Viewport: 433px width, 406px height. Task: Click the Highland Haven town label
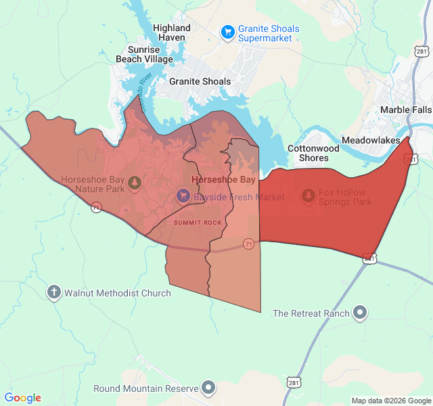point(172,33)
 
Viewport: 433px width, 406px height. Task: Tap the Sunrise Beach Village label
point(144,54)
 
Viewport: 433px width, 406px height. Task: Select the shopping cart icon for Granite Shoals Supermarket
point(227,30)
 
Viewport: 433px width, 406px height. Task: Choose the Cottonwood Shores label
point(313,153)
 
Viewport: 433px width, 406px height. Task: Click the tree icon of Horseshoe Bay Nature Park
point(135,182)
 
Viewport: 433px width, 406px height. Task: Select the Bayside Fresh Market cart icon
point(183,196)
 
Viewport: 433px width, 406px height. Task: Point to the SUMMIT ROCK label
point(198,223)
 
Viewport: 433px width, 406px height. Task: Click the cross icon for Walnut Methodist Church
point(54,292)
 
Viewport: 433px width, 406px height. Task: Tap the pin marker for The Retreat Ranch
point(361,313)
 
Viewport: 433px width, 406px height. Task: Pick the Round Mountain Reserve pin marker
point(209,388)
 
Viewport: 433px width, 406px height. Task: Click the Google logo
point(22,398)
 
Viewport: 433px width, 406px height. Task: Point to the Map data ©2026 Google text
point(390,401)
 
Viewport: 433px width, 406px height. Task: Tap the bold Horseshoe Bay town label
point(224,180)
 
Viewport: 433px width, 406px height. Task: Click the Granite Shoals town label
point(200,81)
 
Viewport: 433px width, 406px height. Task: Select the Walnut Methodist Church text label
point(117,294)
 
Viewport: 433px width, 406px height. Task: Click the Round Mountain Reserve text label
point(145,388)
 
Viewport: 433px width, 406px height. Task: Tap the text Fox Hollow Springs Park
point(346,197)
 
